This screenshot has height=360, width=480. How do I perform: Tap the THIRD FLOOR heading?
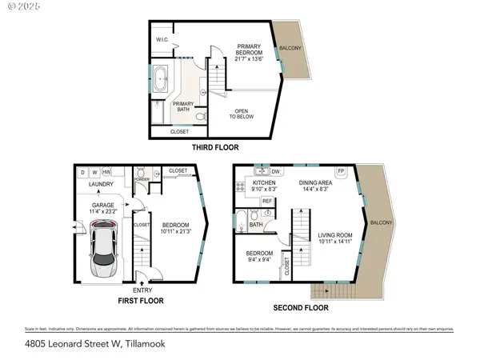[x=214, y=147]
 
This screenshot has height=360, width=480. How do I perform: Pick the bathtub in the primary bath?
[x=162, y=82]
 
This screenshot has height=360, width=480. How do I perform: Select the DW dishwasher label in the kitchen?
[x=276, y=171]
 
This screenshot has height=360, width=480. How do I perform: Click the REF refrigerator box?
[x=267, y=201]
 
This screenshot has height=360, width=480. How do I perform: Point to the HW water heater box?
[x=106, y=172]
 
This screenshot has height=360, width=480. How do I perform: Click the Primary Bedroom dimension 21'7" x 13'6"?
[x=250, y=58]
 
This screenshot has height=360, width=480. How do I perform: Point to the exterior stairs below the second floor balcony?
[x=324, y=291]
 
